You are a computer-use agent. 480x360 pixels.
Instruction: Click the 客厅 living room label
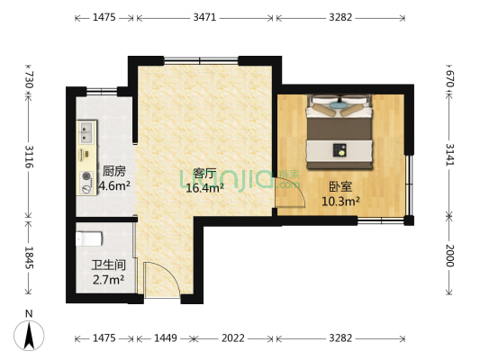tap(204, 174)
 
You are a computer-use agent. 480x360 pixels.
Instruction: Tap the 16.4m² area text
tap(204, 189)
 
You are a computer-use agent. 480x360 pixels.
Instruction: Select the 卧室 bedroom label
tap(340, 186)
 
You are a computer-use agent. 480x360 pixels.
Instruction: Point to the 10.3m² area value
tap(340, 202)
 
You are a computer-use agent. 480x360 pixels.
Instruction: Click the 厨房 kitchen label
tap(113, 171)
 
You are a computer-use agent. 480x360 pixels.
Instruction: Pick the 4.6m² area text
tap(114, 186)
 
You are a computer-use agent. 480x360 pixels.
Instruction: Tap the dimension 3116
tap(30, 157)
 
